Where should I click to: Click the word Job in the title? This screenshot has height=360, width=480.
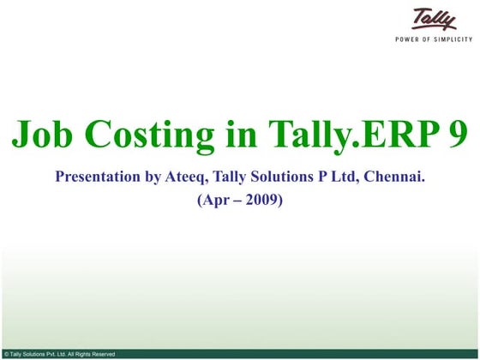point(42,135)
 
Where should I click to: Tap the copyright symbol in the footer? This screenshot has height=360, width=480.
point(6,353)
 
